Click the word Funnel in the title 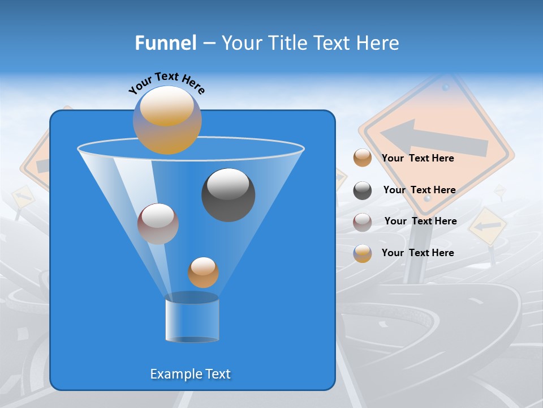[165, 43]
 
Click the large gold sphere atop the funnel [167, 120]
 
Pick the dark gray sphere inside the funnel [228, 194]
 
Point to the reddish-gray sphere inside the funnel [158, 223]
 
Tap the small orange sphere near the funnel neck [203, 272]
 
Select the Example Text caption [190, 374]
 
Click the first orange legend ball [363, 158]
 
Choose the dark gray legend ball [363, 190]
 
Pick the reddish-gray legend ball [363, 222]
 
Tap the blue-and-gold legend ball [363, 253]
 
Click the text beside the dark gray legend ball [419, 190]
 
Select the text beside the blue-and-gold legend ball [417, 253]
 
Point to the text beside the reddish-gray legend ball [420, 221]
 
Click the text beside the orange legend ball [417, 158]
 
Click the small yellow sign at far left [23, 196]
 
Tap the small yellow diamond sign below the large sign [488, 226]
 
